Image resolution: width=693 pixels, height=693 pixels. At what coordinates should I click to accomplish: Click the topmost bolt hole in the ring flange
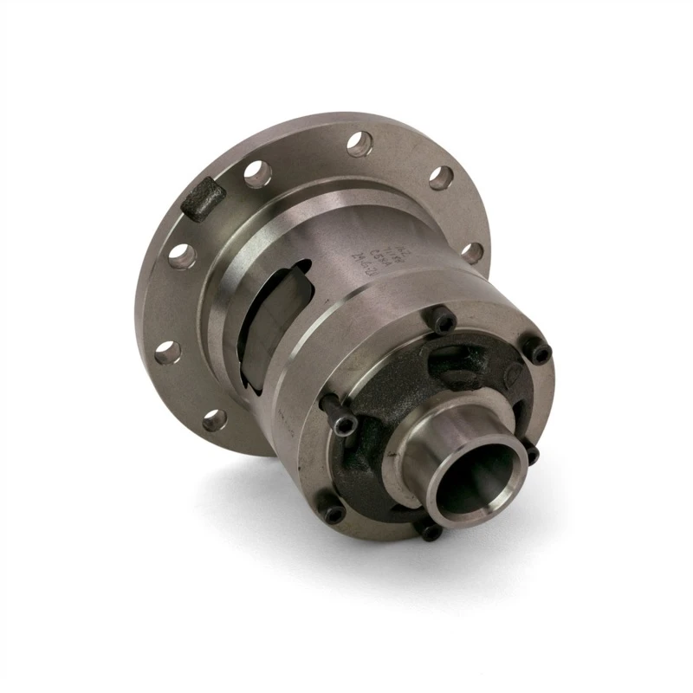click(x=360, y=144)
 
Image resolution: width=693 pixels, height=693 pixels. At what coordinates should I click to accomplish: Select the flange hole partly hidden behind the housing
click(x=471, y=253)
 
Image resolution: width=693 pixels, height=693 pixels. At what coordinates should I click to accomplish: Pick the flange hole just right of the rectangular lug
click(x=257, y=175)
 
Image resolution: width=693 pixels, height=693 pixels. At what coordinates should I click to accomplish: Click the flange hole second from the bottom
click(x=168, y=352)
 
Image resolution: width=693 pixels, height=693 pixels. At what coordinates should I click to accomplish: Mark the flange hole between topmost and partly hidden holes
click(x=441, y=178)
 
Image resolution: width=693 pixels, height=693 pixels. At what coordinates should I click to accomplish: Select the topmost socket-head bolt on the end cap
click(x=444, y=323)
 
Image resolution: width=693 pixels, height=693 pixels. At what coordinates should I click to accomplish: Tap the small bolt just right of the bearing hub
click(x=531, y=453)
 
